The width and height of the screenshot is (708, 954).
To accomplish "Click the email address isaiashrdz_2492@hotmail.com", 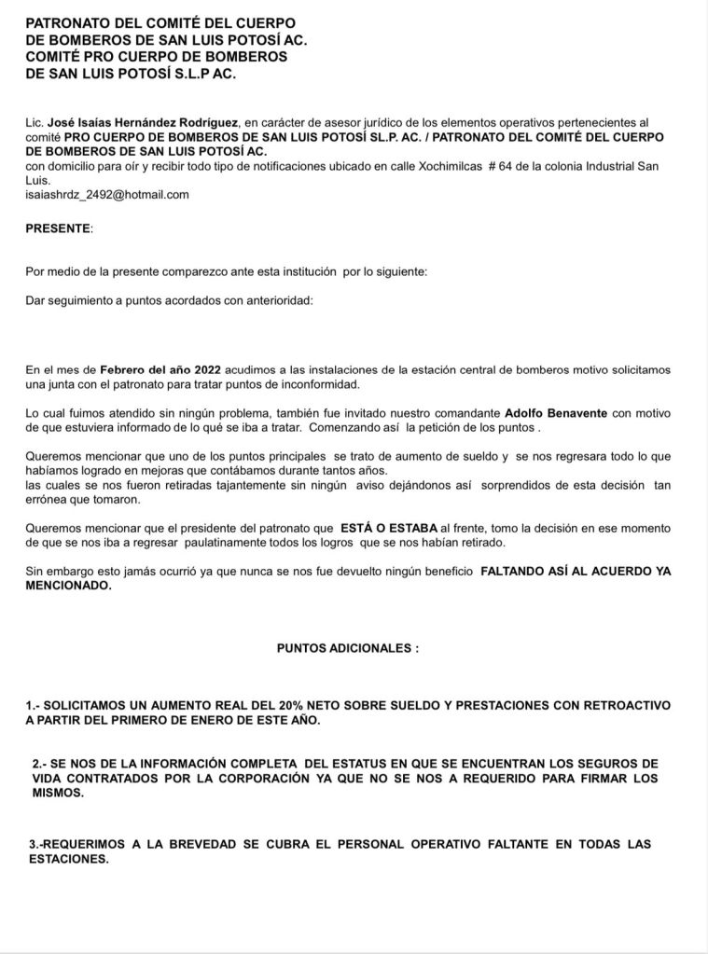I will point(107,194).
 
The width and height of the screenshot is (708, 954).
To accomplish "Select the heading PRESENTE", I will point(58,228).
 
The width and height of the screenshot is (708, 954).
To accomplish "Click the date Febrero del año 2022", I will point(160,369).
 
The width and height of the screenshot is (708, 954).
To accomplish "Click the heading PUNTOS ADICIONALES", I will point(347,646).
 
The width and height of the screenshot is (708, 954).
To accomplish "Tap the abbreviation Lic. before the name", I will point(35,122).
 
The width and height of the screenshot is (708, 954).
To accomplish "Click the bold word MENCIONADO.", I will point(69,587).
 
